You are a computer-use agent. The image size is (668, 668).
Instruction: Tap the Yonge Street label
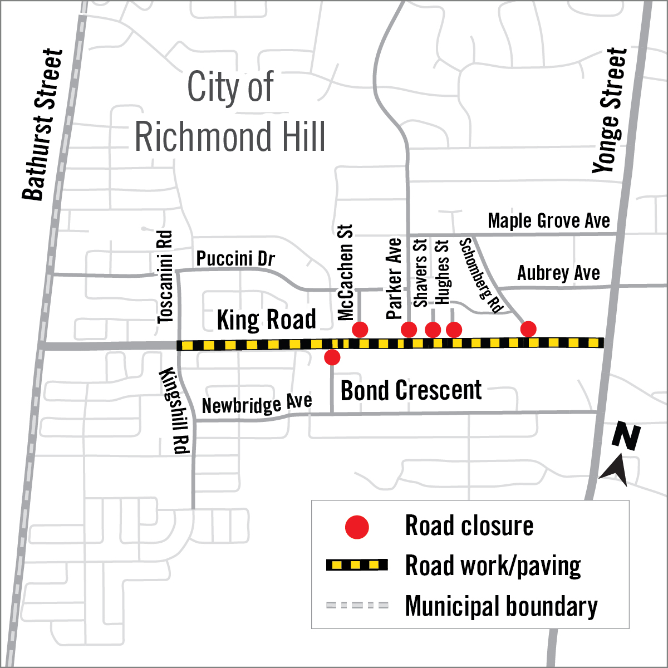click(x=610, y=110)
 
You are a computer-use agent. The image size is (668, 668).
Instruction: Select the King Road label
click(x=266, y=320)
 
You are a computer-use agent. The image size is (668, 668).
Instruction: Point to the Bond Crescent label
click(x=411, y=391)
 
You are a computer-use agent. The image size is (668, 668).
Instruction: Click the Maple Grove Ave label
click(x=548, y=221)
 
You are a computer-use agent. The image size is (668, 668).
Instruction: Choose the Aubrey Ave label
click(x=558, y=273)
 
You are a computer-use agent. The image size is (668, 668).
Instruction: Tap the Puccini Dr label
click(x=235, y=259)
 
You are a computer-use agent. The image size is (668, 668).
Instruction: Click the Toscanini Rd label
click(x=165, y=277)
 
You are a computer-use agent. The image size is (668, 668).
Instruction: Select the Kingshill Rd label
click(x=175, y=411)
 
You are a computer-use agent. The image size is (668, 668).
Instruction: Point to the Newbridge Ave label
click(x=257, y=404)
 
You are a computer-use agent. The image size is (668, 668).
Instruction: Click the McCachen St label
click(x=346, y=272)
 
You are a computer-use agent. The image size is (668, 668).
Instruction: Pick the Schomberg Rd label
click(x=481, y=275)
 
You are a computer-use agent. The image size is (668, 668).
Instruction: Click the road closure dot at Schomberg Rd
click(x=528, y=329)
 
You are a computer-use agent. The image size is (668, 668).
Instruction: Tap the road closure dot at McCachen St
click(x=360, y=330)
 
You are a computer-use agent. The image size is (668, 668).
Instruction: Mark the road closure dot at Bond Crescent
click(x=332, y=357)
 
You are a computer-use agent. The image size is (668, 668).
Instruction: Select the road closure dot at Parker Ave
click(x=409, y=330)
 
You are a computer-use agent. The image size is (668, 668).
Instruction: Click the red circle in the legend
click(x=357, y=527)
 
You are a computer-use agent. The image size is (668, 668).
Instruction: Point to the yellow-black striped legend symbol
click(x=356, y=566)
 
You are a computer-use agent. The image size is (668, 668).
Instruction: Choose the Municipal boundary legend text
click(x=501, y=606)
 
